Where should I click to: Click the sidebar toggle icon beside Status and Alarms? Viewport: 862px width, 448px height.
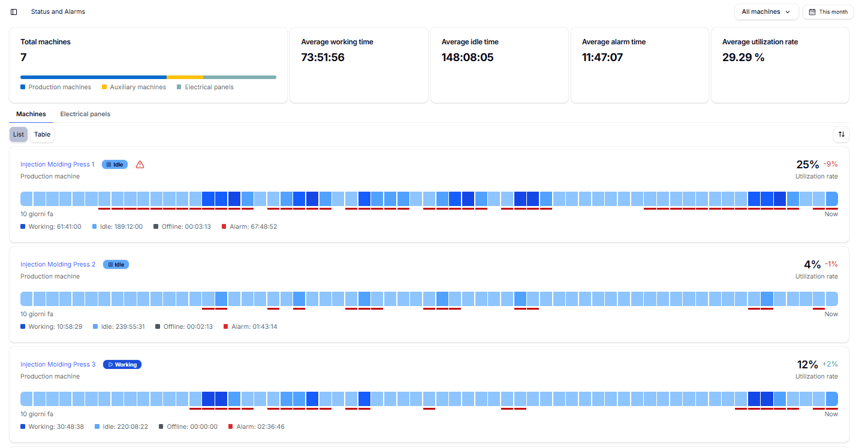pyautogui.click(x=14, y=12)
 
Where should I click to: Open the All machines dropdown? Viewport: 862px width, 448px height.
pyautogui.click(x=765, y=12)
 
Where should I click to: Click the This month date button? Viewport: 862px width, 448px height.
pyautogui.click(x=828, y=12)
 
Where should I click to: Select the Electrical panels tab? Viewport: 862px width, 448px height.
pyautogui.click(x=85, y=114)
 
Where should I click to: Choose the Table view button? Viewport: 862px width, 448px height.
pyautogui.click(x=42, y=134)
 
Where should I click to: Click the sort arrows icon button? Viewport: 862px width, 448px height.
pyautogui.click(x=841, y=134)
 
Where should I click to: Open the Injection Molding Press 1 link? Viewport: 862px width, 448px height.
pyautogui.click(x=58, y=164)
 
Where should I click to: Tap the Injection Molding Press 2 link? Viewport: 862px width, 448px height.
pyautogui.click(x=58, y=264)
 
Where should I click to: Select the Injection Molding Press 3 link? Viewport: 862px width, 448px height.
pyautogui.click(x=58, y=364)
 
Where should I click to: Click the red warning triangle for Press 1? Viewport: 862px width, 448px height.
pyautogui.click(x=140, y=165)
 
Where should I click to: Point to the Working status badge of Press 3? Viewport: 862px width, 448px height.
pyautogui.click(x=122, y=364)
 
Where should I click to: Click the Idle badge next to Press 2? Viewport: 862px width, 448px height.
pyautogui.click(x=116, y=264)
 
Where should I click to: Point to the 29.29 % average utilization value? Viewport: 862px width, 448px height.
pyautogui.click(x=743, y=57)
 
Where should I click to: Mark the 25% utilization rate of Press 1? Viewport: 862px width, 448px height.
pyautogui.click(x=807, y=164)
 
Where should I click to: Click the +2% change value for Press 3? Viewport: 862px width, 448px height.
pyautogui.click(x=830, y=364)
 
